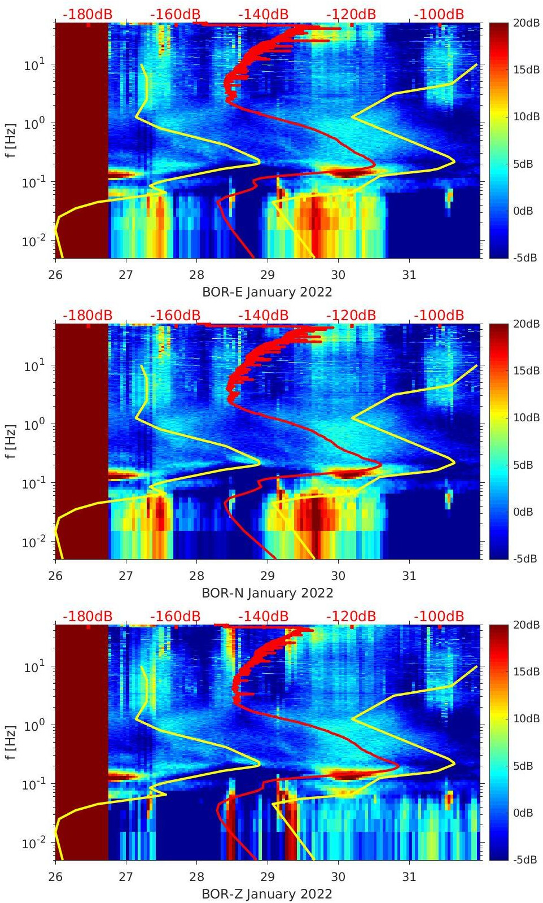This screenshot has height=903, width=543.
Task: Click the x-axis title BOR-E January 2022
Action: (x=267, y=292)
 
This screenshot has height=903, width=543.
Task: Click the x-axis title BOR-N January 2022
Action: (x=267, y=593)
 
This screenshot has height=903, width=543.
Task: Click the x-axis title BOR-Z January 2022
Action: (x=267, y=894)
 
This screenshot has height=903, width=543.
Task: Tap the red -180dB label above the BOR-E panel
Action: (x=87, y=14)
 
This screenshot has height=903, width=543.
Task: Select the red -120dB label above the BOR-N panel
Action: (x=351, y=315)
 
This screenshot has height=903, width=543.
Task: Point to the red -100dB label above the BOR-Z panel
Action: (x=439, y=616)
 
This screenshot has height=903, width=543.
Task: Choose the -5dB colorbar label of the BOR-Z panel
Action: (x=524, y=860)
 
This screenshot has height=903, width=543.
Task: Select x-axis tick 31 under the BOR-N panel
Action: (x=409, y=576)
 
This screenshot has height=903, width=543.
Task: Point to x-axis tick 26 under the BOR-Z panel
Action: (x=55, y=877)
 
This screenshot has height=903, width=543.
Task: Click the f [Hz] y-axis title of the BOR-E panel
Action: (x=10, y=140)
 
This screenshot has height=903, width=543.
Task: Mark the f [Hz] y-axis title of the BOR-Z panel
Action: (x=10, y=742)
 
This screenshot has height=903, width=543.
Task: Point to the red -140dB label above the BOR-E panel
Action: (x=263, y=14)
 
